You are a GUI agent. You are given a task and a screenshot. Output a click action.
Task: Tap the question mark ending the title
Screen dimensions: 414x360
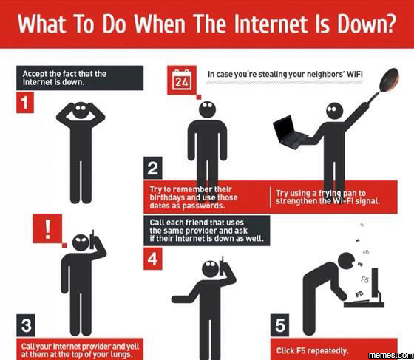(x=390, y=24)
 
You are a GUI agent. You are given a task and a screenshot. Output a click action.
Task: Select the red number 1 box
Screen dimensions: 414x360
(x=25, y=103)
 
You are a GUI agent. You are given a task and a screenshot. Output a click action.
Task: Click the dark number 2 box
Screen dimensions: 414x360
(x=153, y=168)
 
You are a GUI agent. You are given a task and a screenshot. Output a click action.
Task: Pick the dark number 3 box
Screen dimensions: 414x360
(x=26, y=325)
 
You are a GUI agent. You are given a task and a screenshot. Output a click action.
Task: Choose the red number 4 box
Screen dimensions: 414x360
(x=153, y=259)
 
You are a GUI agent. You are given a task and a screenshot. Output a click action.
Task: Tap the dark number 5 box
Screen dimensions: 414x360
(x=279, y=325)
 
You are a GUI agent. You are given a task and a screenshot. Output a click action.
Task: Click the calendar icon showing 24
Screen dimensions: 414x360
(x=182, y=80)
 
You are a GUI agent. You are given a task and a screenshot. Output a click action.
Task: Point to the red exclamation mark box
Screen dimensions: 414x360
(x=47, y=228)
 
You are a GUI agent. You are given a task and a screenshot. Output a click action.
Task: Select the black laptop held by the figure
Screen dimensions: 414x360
(x=291, y=134)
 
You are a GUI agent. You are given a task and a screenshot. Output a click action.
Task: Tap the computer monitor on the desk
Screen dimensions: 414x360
(x=376, y=284)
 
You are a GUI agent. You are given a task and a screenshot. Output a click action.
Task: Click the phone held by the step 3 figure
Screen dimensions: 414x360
(x=92, y=240)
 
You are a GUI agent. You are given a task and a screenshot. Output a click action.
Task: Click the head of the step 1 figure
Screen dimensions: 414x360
(x=81, y=110)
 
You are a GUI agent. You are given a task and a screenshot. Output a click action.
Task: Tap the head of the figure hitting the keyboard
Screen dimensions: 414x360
(x=347, y=261)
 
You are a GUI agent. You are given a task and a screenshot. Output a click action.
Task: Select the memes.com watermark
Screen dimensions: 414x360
(x=391, y=356)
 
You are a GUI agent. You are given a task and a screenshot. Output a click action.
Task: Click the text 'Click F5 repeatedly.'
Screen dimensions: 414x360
(x=312, y=351)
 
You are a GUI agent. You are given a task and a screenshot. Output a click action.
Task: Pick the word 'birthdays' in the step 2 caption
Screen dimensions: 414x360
(x=167, y=197)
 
